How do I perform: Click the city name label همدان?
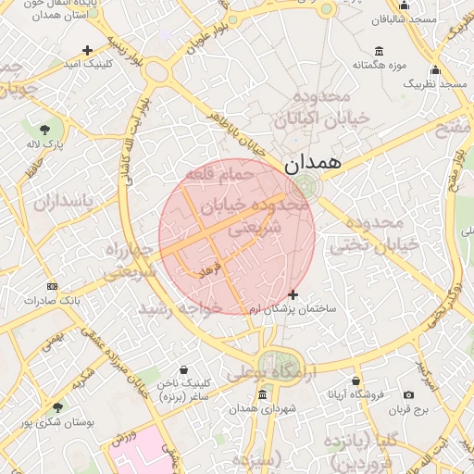point(313,163)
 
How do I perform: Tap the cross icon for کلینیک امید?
point(88,50)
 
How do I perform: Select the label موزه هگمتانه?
point(380,66)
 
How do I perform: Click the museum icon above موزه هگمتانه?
point(380,51)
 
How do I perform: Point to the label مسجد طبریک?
point(433,84)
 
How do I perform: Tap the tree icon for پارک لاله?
point(44,128)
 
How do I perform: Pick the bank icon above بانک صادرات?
point(51,286)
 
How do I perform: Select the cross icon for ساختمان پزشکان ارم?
point(293,295)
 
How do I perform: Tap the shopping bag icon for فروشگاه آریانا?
point(355,380)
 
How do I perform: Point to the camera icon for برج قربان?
point(409,395)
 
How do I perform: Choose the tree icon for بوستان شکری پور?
point(57,407)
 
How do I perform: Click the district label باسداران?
point(61,201)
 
